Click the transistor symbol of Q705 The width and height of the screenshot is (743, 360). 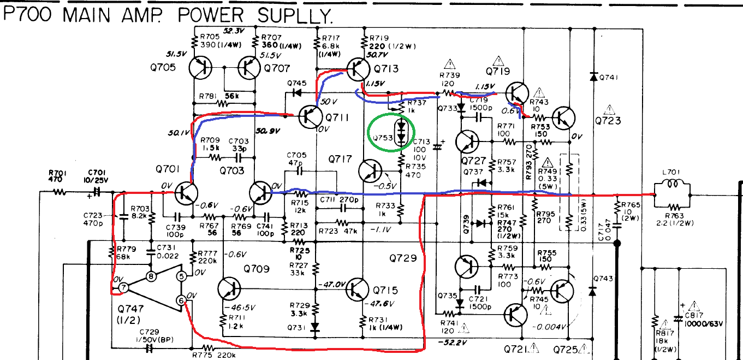click(x=201, y=68)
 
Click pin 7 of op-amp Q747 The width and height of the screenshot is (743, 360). click(x=124, y=287)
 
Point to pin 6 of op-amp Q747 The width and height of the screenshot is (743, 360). click(x=181, y=299)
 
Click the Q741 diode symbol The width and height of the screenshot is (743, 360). click(x=593, y=76)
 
